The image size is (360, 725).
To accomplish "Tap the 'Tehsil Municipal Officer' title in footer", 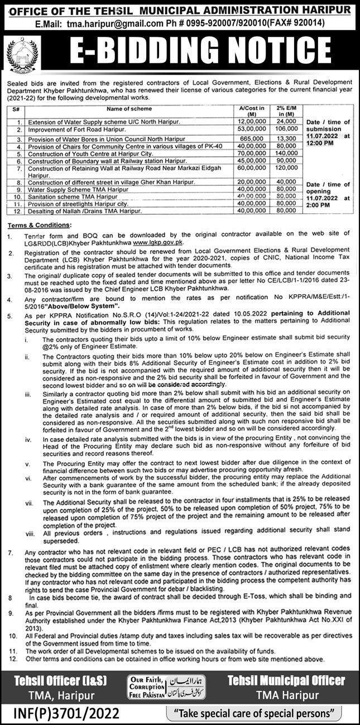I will (286, 680).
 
